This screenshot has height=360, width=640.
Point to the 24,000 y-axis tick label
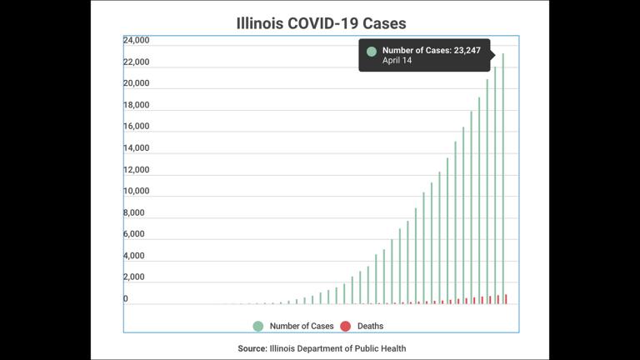click(x=136, y=40)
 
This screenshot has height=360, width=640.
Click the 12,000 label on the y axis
click(x=136, y=170)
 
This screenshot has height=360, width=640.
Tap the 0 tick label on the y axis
click(x=126, y=298)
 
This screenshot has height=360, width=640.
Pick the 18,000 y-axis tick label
click(x=136, y=105)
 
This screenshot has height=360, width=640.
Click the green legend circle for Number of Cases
click(x=258, y=326)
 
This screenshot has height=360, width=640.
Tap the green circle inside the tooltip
click(x=372, y=51)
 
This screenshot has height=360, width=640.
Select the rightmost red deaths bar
click(x=506, y=299)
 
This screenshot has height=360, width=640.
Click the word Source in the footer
click(x=252, y=348)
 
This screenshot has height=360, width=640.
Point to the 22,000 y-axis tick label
click(x=136, y=62)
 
